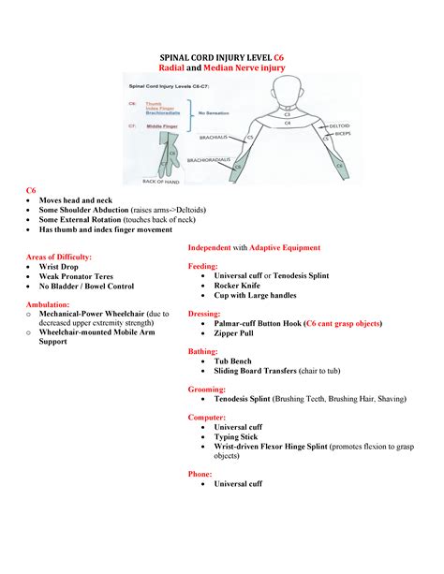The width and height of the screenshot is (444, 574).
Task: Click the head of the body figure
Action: point(287,94)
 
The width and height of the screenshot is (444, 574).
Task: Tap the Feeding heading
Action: point(206,266)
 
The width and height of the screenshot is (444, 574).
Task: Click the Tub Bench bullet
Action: point(237,361)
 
